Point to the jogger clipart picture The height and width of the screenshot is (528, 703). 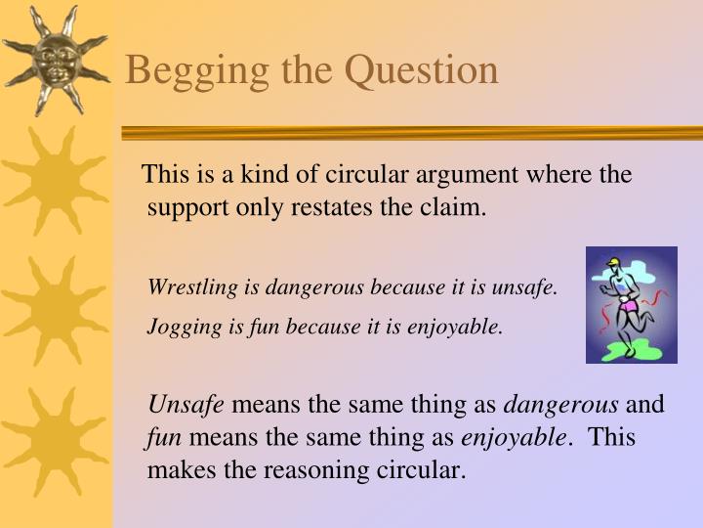[x=631, y=304]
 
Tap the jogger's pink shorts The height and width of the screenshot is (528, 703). [x=628, y=307]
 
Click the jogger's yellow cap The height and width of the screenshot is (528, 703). [x=612, y=262]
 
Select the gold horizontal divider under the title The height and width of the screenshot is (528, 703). [x=410, y=132]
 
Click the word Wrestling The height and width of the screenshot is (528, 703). [x=186, y=287]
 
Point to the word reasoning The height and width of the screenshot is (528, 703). [x=316, y=470]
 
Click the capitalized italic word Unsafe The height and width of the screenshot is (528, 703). [x=186, y=404]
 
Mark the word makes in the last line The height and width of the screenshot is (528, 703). [x=177, y=470]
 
